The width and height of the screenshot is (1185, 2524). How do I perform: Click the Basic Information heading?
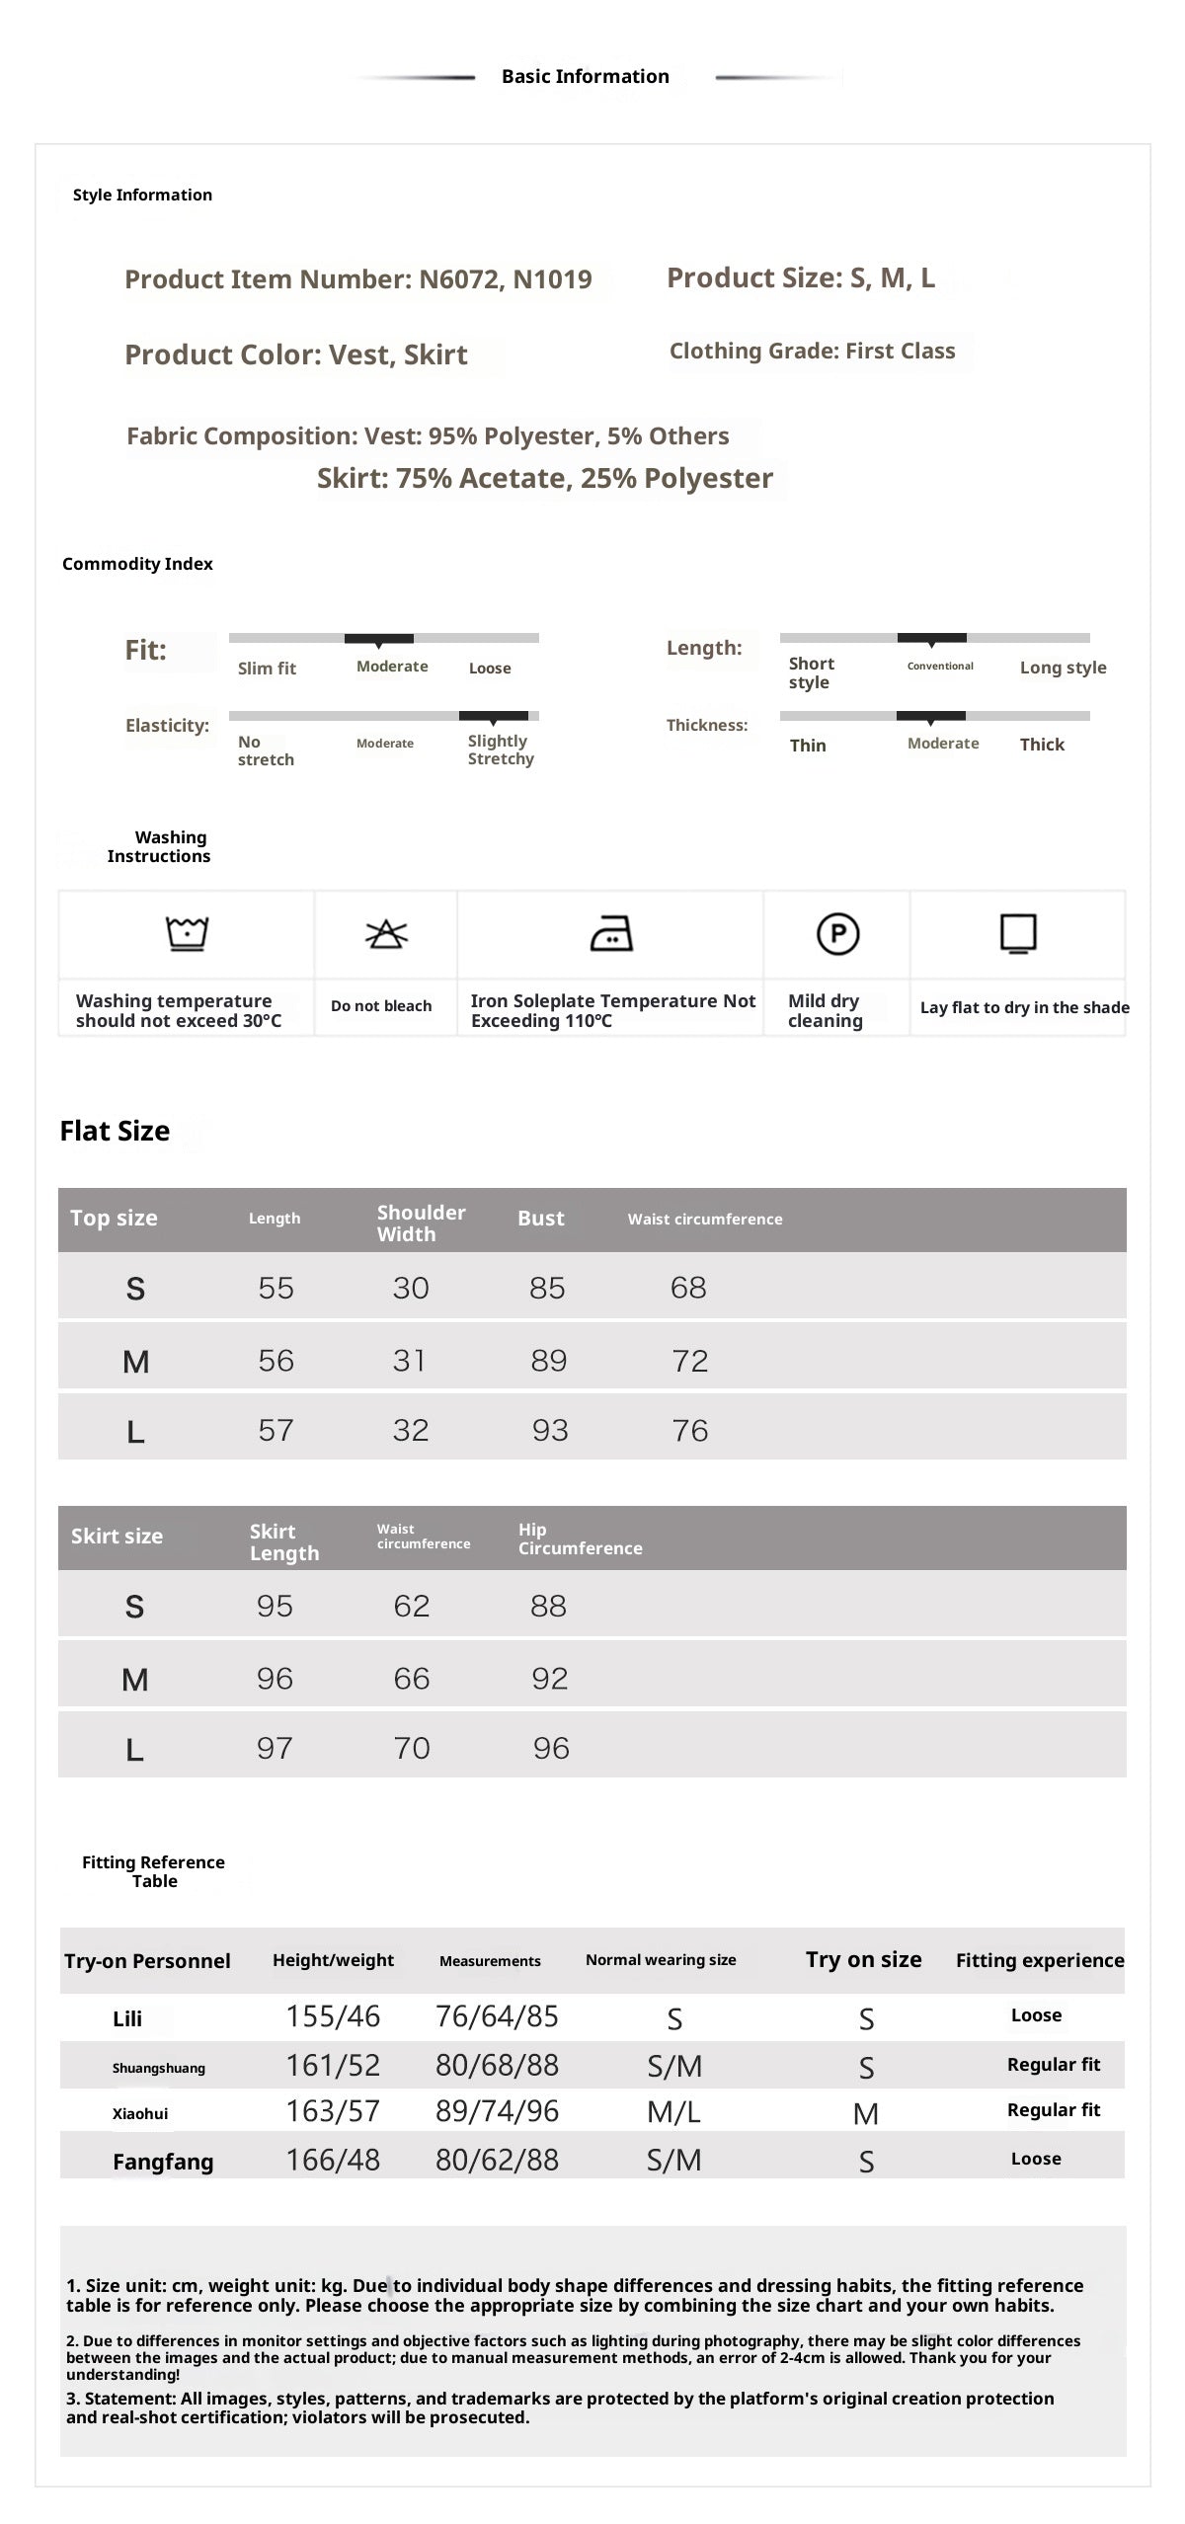pyautogui.click(x=585, y=76)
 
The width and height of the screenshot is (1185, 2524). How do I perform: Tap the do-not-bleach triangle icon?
pyautogui.click(x=386, y=933)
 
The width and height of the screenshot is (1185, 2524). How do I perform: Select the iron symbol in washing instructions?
pyautogui.click(x=611, y=933)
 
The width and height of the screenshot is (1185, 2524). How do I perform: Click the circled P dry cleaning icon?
pyautogui.click(x=837, y=933)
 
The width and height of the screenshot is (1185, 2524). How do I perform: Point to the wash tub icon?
pyautogui.click(x=187, y=932)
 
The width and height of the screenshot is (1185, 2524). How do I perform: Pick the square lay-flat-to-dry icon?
pyautogui.click(x=1018, y=933)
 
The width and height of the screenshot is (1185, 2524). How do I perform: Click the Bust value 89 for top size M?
pyautogui.click(x=548, y=1361)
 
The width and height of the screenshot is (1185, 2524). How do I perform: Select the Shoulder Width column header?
pyautogui.click(x=421, y=1223)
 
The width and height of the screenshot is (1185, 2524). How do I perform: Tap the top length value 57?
pyautogui.click(x=276, y=1430)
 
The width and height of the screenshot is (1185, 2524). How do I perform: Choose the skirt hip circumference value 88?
pyautogui.click(x=548, y=1606)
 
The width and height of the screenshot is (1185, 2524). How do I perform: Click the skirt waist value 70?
pyautogui.click(x=411, y=1748)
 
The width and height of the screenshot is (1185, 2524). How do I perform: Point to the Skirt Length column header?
pyautogui.click(x=283, y=1541)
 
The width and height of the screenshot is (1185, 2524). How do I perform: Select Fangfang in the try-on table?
pyautogui.click(x=163, y=2162)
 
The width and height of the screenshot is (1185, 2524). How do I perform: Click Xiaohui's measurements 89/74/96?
pyautogui.click(x=497, y=2111)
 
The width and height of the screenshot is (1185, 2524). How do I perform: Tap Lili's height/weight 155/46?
pyautogui.click(x=333, y=2016)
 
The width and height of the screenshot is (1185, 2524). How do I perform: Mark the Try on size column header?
pyautogui.click(x=863, y=1960)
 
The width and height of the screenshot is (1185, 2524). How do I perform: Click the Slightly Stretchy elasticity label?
pyautogui.click(x=501, y=749)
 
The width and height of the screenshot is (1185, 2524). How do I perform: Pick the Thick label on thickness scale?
pyautogui.click(x=1042, y=745)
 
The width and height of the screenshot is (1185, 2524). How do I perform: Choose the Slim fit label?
pyautogui.click(x=267, y=669)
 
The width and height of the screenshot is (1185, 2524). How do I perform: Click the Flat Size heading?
pyautogui.click(x=115, y=1131)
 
